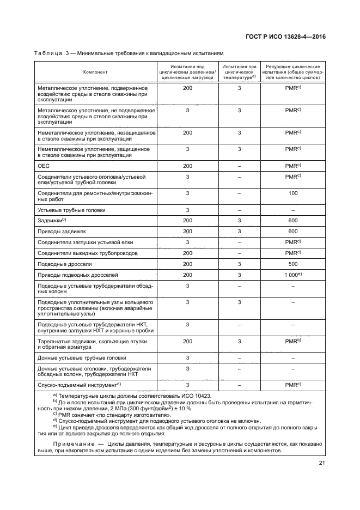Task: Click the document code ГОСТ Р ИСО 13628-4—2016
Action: (286, 37)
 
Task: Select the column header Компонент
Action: (95, 72)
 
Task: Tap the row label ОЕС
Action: (43, 165)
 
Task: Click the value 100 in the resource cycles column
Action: (293, 193)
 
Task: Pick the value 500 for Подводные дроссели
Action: (293, 264)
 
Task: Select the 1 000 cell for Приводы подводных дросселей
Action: (292, 275)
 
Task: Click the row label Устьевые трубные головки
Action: (71, 209)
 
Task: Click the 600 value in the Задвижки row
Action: (293, 220)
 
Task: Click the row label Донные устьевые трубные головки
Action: (81, 357)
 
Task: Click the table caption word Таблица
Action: (48, 53)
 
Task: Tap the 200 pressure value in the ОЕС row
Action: (187, 165)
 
